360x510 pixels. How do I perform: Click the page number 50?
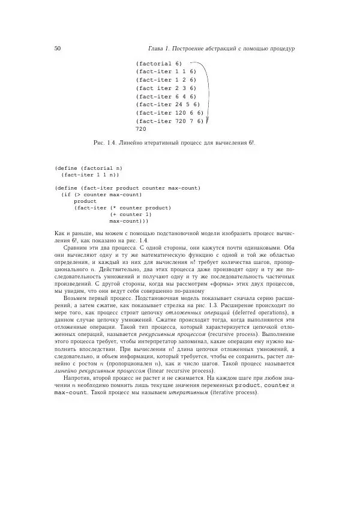[57, 47]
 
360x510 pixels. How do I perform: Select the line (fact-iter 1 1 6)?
[166, 71]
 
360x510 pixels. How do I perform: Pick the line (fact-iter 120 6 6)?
[170, 112]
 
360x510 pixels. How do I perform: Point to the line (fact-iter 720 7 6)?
[170, 121]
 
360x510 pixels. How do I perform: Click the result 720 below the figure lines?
[141, 129]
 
